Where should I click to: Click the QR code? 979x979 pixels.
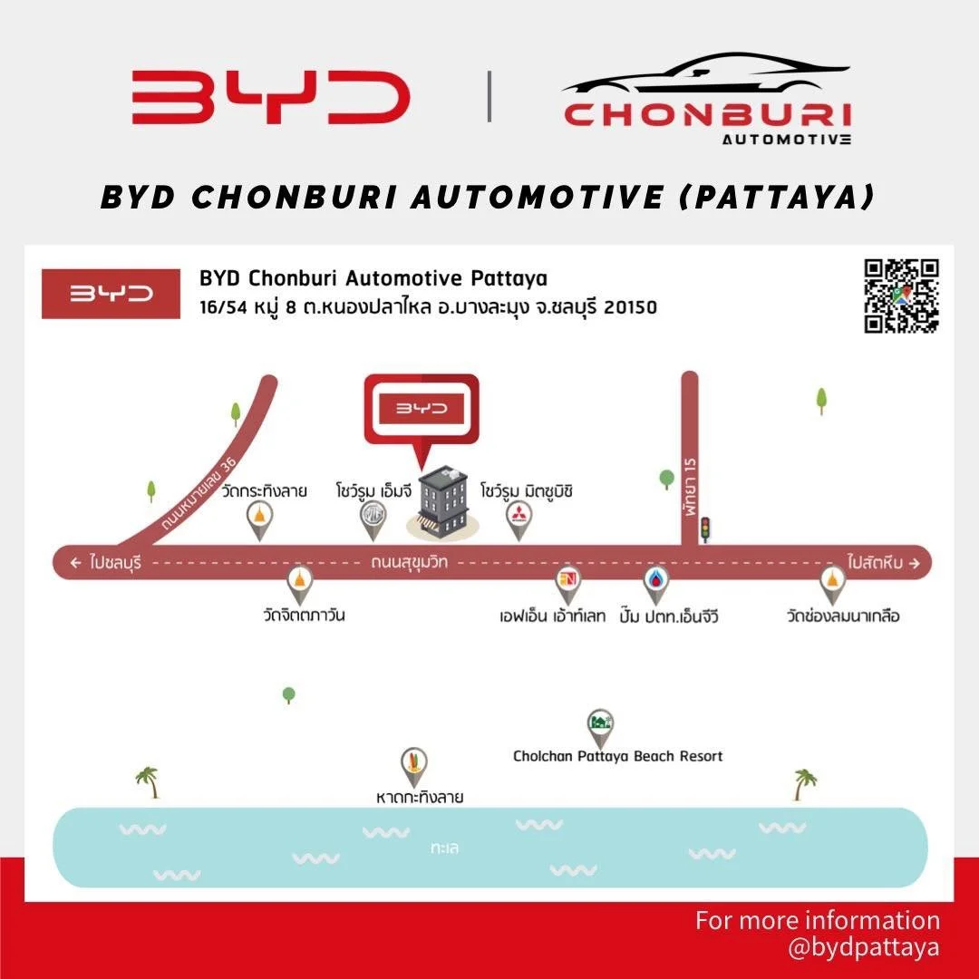[x=901, y=296]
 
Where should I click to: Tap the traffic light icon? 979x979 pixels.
[x=704, y=529]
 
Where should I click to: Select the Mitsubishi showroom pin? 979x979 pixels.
[x=519, y=519]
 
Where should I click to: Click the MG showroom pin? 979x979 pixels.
[x=373, y=519]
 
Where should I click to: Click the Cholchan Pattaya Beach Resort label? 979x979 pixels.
[x=617, y=756]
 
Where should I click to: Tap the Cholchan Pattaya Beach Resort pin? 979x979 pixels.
[x=599, y=725]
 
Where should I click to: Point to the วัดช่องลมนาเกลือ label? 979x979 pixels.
[x=843, y=616]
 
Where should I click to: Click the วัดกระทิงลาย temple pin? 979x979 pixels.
[x=260, y=519]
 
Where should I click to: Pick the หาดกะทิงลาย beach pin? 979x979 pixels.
[x=414, y=763]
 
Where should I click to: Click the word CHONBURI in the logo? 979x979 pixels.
[x=707, y=116]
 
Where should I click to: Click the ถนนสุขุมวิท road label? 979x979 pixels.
[x=409, y=562]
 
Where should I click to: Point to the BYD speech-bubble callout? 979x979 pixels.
[x=421, y=410]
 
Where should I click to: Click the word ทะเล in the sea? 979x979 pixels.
[x=445, y=848]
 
